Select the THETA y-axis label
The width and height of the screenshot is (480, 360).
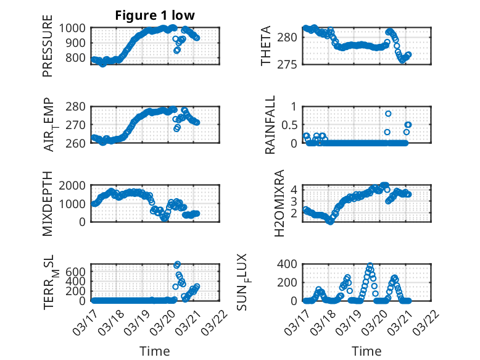265,46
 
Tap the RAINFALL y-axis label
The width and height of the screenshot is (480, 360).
270,125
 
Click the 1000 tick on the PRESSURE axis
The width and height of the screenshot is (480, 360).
76,28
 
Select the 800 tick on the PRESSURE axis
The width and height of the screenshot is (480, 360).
79,58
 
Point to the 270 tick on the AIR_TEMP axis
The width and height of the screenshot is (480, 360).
79,125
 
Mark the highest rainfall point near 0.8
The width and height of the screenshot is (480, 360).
388,114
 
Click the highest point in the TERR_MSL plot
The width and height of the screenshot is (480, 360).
178,265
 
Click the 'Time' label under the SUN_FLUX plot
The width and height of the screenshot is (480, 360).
366,351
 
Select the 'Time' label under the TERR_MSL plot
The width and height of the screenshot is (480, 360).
155,351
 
